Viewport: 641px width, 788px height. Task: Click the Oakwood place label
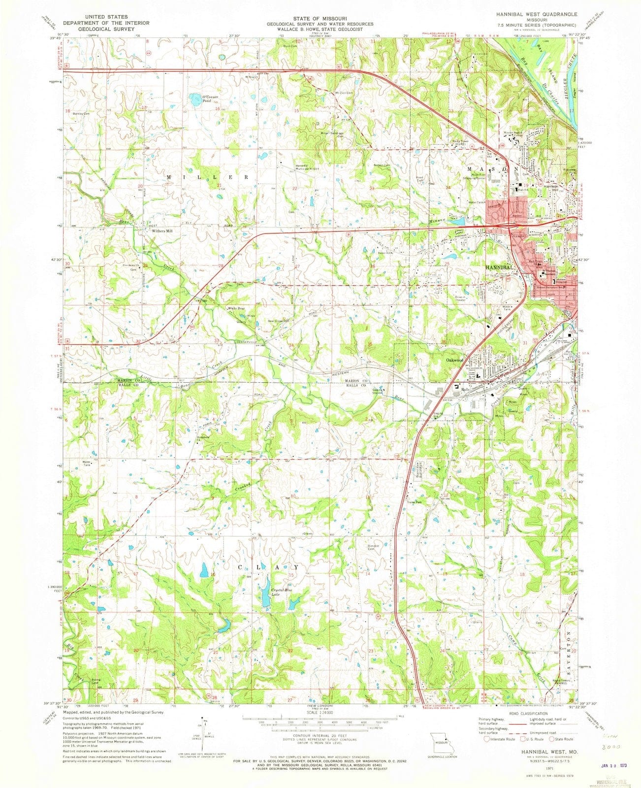(455, 361)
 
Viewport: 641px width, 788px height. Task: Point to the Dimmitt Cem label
(376, 547)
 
